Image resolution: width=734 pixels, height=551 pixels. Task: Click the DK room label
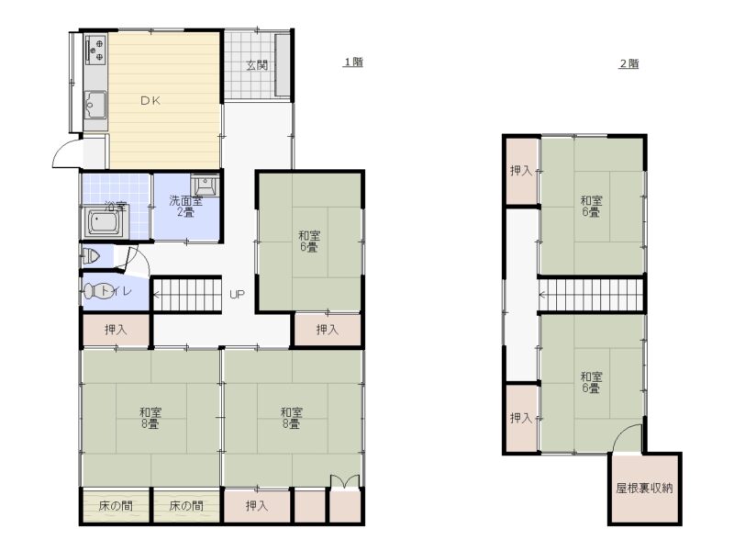(x=150, y=100)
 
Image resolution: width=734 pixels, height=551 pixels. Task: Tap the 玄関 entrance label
(x=257, y=65)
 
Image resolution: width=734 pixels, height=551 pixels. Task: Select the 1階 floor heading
(x=353, y=62)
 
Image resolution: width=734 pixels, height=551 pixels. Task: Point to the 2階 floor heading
(x=628, y=63)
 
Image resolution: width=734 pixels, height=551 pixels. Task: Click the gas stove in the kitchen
(x=95, y=50)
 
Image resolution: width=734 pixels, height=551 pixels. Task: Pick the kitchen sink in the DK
(x=95, y=106)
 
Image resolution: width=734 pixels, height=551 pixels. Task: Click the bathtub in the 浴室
(x=105, y=222)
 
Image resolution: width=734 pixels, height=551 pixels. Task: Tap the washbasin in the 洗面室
(x=205, y=186)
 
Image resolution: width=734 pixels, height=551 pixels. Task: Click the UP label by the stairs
(x=238, y=295)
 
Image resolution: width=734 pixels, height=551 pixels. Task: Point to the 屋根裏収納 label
(x=644, y=489)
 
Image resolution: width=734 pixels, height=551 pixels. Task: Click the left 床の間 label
(x=116, y=506)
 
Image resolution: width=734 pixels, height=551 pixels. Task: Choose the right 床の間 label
(x=186, y=506)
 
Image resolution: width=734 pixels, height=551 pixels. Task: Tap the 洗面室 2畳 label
(x=186, y=207)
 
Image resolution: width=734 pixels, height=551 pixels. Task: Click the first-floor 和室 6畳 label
(x=309, y=241)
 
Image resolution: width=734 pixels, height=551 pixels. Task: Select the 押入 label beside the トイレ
(x=116, y=330)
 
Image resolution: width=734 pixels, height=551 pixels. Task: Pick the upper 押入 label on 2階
(x=521, y=171)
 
